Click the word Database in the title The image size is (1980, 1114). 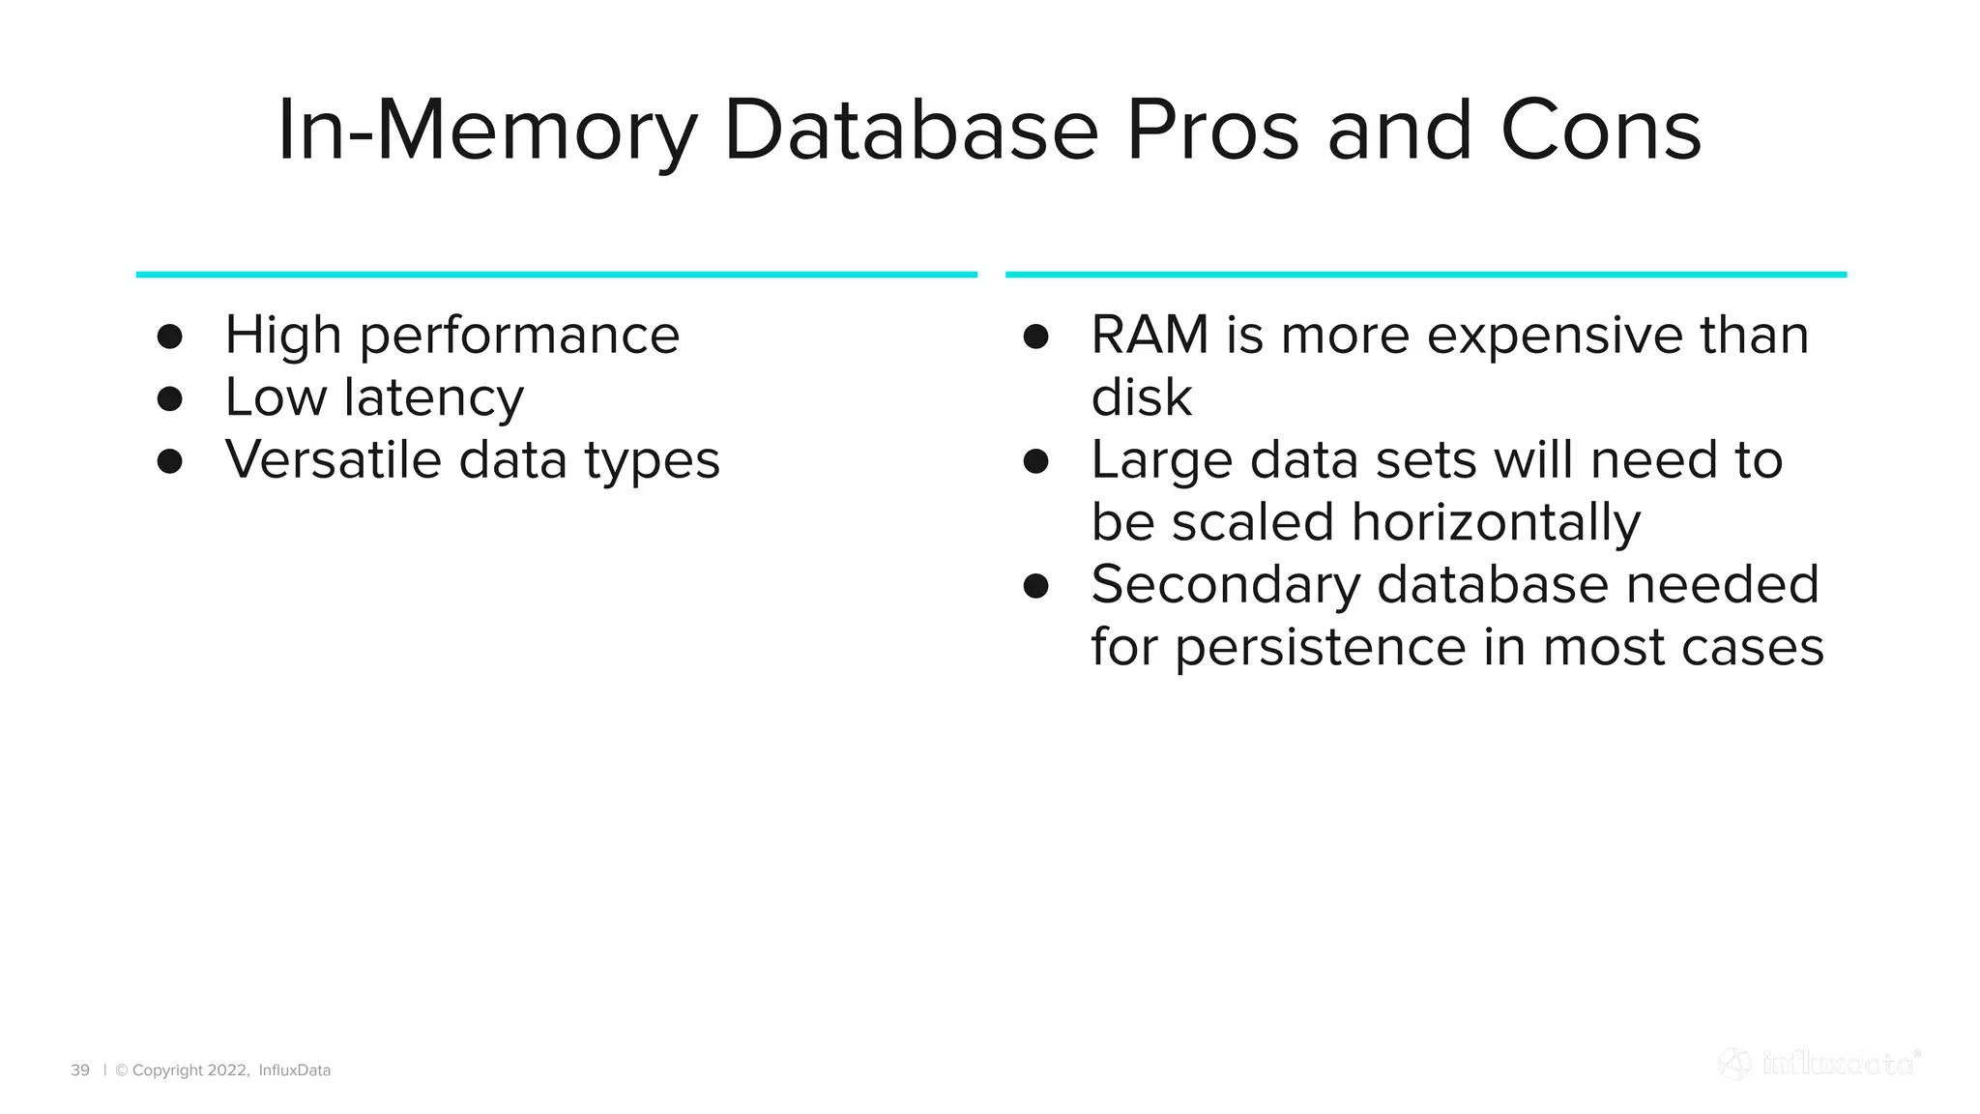tap(911, 131)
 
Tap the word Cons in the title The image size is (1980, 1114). tap(1600, 131)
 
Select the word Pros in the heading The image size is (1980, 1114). tap(1212, 131)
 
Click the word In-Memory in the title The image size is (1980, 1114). tap(486, 131)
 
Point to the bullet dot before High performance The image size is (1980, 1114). tap(170, 337)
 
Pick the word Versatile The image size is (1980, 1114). tap(333, 459)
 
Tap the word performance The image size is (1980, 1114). tap(519, 337)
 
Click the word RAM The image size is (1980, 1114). tap(1150, 336)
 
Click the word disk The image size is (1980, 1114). tap(1141, 398)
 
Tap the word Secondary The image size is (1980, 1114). tap(1225, 585)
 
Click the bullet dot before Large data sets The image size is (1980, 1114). tap(1035, 461)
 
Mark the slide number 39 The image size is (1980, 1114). tap(80, 1070)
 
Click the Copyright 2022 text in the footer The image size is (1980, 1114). tap(182, 1070)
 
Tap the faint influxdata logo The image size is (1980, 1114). tap(1820, 1064)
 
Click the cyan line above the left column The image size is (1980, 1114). tap(556, 275)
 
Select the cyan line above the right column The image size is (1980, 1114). tap(1425, 275)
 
